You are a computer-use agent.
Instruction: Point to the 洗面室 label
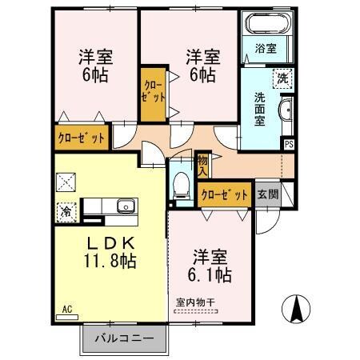click(x=260, y=109)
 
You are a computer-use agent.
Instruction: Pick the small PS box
click(x=288, y=144)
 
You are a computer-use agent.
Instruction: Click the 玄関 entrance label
click(x=268, y=194)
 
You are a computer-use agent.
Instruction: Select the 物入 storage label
click(x=203, y=165)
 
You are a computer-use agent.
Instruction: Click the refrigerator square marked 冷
click(x=65, y=211)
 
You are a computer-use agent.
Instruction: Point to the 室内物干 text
click(x=196, y=302)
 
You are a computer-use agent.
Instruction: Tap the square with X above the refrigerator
click(x=65, y=182)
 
